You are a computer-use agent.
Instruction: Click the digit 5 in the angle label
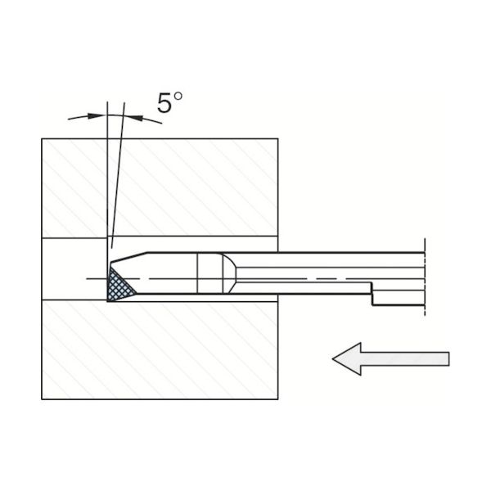164,103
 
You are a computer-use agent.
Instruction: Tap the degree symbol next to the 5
178,96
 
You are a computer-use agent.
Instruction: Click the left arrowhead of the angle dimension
95,116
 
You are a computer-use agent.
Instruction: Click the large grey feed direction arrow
390,359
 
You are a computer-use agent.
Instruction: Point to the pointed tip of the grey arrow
332,359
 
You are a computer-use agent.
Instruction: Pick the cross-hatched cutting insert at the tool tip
119,285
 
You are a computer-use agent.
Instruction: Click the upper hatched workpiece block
160,188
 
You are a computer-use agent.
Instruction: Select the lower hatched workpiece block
160,349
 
